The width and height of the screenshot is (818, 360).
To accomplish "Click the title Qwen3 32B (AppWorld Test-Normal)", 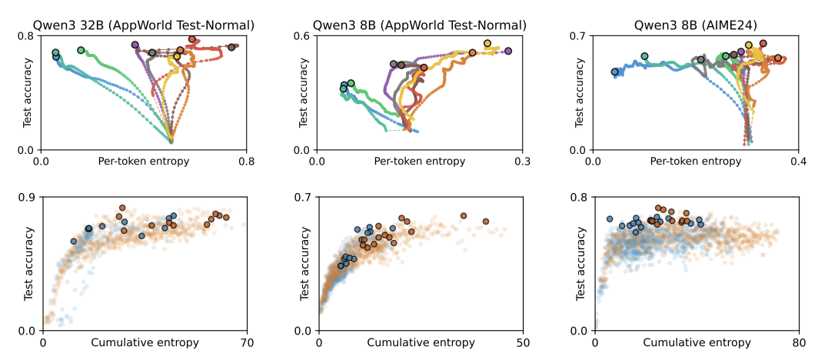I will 144,25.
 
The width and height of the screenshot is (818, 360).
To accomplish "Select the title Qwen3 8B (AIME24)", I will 695,25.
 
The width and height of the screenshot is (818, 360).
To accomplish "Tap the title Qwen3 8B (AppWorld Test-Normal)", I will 419,25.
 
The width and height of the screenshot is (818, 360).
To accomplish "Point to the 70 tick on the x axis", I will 246,342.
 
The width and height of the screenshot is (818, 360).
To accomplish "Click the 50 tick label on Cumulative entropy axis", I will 522,342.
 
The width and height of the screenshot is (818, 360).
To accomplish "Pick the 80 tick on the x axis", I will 798,342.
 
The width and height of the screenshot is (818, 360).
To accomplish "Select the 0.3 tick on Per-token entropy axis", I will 522,162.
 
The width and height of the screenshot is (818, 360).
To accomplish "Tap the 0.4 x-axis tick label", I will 798,162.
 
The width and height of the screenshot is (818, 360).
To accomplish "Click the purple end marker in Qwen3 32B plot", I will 135,45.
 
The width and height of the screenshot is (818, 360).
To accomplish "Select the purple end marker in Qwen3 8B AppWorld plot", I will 508,51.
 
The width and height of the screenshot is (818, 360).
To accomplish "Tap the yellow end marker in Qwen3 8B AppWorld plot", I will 487,44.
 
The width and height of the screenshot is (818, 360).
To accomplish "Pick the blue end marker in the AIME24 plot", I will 614,72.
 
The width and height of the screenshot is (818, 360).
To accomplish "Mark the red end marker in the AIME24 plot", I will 763,44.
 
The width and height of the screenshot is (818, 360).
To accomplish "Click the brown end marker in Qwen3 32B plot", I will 231,48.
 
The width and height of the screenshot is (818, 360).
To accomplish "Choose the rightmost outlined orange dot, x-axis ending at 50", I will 485,222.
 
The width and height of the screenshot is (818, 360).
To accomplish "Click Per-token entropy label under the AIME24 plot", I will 695,162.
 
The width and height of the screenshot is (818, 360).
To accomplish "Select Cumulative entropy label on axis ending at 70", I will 144,342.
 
